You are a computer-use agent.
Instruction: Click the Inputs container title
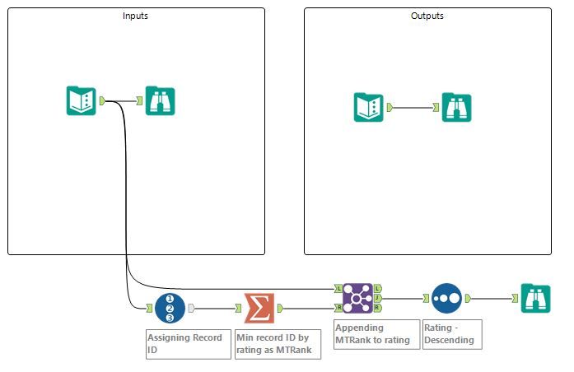pyautogui.click(x=136, y=16)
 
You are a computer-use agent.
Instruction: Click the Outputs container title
pyautogui.click(x=427, y=16)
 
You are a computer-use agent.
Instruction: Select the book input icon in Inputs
pyautogui.click(x=82, y=100)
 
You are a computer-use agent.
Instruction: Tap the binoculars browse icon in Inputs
pyautogui.click(x=161, y=100)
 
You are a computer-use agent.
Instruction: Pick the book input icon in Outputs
pyautogui.click(x=369, y=107)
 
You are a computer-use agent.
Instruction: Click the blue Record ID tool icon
pyautogui.click(x=170, y=308)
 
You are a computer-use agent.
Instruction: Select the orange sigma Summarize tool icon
pyautogui.click(x=259, y=308)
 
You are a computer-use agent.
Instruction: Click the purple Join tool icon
pyautogui.click(x=357, y=298)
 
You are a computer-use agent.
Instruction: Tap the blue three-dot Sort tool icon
pyautogui.click(x=446, y=298)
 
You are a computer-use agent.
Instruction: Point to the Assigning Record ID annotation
pyautogui.click(x=188, y=343)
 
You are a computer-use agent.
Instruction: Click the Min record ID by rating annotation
pyautogui.click(x=278, y=343)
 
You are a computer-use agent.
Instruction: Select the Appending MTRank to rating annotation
pyautogui.click(x=376, y=333)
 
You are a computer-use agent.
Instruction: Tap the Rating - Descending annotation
pyautogui.click(x=451, y=333)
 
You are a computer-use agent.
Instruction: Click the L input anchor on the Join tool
pyautogui.click(x=338, y=289)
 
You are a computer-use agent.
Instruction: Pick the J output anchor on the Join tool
pyautogui.click(x=377, y=298)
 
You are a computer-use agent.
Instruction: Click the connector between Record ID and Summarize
pyautogui.click(x=214, y=308)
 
